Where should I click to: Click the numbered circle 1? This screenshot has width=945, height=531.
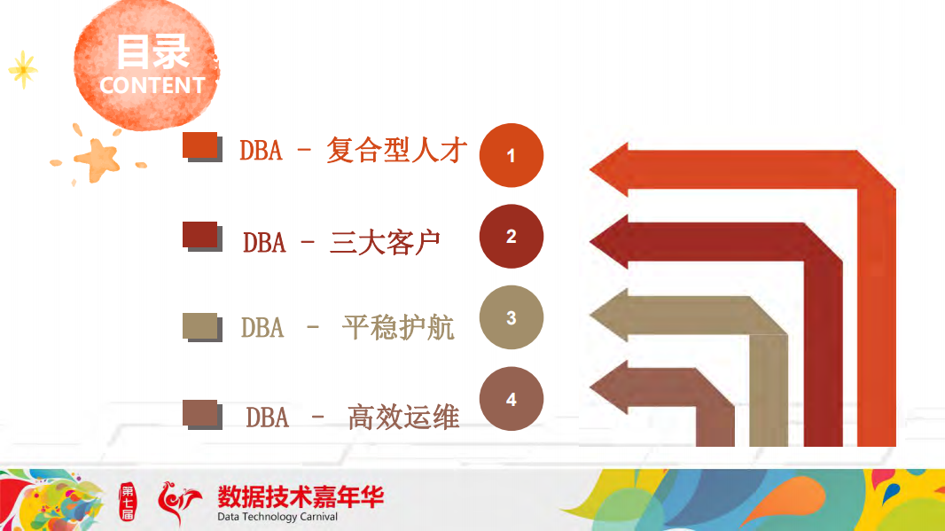[511, 156]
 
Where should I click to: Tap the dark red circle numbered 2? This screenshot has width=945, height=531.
[511, 236]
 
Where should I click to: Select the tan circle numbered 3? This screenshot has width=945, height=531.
[511, 317]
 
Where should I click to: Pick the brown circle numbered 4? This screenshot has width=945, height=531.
[511, 400]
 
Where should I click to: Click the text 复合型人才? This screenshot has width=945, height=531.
[396, 150]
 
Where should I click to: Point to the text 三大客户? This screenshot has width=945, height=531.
[385, 241]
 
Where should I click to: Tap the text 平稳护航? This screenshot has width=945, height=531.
[398, 327]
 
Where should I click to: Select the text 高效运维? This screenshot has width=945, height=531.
[403, 416]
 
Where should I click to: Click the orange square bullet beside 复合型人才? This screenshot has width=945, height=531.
[200, 145]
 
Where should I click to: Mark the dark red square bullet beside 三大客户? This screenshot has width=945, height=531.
[200, 235]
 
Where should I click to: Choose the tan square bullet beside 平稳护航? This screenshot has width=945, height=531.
[200, 325]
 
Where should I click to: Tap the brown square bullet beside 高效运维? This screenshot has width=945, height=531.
[200, 413]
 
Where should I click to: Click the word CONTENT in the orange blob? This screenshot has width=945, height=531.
[152, 85]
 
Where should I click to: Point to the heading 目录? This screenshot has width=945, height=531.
[152, 51]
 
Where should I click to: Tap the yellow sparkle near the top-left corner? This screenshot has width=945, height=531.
[22, 69]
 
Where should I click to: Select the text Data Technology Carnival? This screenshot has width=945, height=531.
[277, 517]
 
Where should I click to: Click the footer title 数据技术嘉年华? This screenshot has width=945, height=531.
[301, 496]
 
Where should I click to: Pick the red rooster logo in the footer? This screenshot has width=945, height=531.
[178, 503]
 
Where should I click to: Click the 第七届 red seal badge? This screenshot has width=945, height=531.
[128, 503]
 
